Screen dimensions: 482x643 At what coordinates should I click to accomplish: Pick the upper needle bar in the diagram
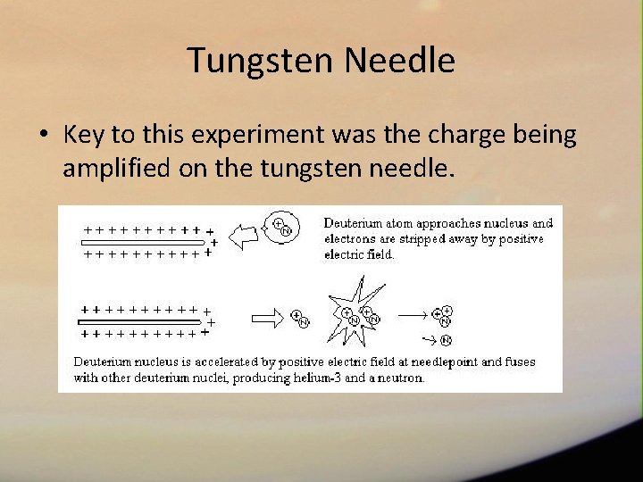point(143,241)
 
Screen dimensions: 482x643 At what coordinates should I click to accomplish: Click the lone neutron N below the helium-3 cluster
point(446,340)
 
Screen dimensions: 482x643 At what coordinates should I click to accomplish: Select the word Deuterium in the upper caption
point(353,223)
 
